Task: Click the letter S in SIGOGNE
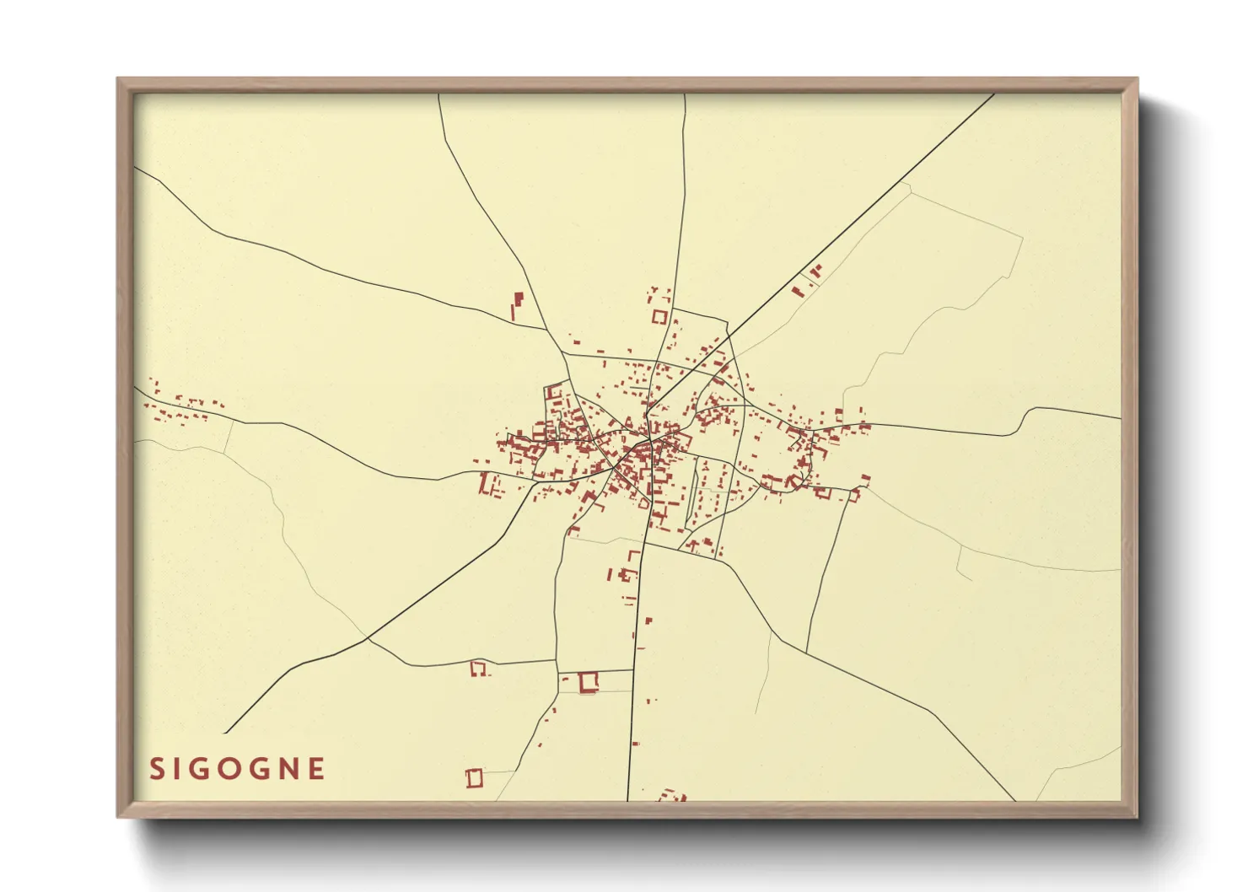point(157,769)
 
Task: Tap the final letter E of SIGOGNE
point(316,769)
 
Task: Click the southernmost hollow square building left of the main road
point(475,778)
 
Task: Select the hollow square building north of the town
point(659,317)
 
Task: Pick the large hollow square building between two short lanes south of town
point(589,681)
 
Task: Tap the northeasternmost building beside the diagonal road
point(815,271)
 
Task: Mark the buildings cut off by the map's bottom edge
point(672,795)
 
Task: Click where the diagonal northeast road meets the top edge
point(994,94)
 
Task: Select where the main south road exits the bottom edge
point(627,799)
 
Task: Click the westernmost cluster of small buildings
point(181,406)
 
